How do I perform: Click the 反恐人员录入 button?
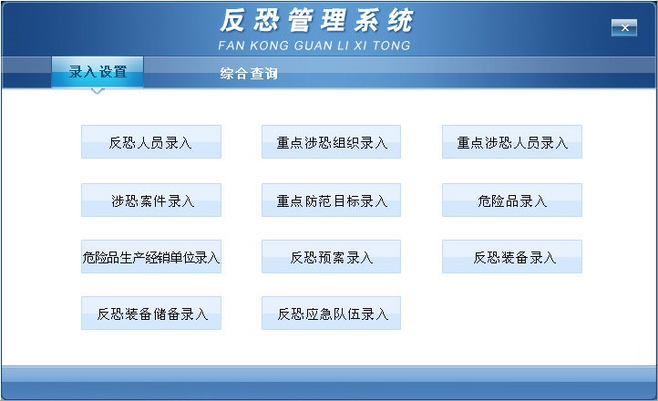pyautogui.click(x=151, y=143)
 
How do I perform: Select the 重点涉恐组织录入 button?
pyautogui.click(x=332, y=143)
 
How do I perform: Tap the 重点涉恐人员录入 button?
pyautogui.click(x=512, y=143)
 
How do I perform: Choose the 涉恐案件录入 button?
pyautogui.click(x=151, y=200)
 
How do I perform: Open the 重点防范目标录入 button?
pyautogui.click(x=332, y=200)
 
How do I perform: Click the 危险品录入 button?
pyautogui.click(x=512, y=200)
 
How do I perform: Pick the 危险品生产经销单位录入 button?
pyautogui.click(x=151, y=258)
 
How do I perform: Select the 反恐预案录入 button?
pyautogui.click(x=332, y=258)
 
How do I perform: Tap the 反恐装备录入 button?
pyautogui.click(x=512, y=258)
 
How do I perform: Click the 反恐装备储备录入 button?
pyautogui.click(x=151, y=314)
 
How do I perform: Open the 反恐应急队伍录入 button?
pyautogui.click(x=332, y=314)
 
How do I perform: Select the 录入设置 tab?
pyautogui.click(x=98, y=72)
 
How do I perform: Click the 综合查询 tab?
pyautogui.click(x=249, y=74)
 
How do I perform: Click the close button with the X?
pyautogui.click(x=623, y=28)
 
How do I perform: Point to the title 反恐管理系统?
pyautogui.click(x=315, y=21)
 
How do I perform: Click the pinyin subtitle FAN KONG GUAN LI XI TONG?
pyautogui.click(x=315, y=45)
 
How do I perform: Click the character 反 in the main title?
pyautogui.click(x=235, y=21)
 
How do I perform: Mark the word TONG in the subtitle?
pyautogui.click(x=393, y=45)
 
